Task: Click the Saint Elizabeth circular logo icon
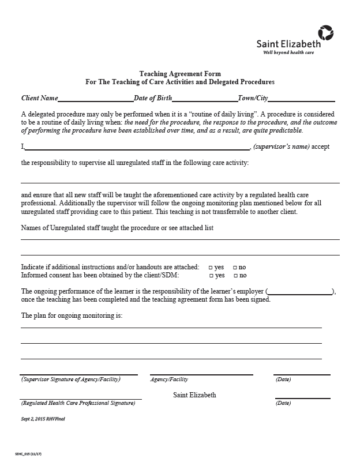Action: [x=325, y=33]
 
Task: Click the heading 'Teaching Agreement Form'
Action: [x=180, y=74]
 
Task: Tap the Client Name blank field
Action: [x=95, y=100]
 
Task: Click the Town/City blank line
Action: [x=301, y=100]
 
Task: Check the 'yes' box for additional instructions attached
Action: [x=210, y=268]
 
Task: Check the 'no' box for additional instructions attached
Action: [x=235, y=268]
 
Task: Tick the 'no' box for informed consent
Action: [x=235, y=276]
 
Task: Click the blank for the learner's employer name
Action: [x=300, y=292]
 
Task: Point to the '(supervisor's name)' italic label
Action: [x=281, y=146]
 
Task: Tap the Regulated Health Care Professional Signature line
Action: [x=81, y=398]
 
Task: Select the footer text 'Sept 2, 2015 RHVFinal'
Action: [x=43, y=419]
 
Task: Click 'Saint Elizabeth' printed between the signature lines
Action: [x=194, y=395]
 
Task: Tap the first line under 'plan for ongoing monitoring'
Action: [x=171, y=327]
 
